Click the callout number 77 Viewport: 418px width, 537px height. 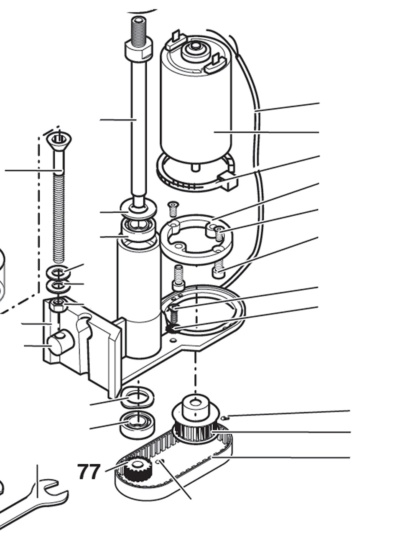[x=89, y=471]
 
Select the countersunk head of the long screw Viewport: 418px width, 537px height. [x=59, y=140]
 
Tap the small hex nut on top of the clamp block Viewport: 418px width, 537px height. [x=59, y=305]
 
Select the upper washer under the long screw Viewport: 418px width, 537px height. [x=59, y=272]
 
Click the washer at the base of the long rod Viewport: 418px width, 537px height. [x=138, y=209]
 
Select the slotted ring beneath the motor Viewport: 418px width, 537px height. [x=195, y=178]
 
